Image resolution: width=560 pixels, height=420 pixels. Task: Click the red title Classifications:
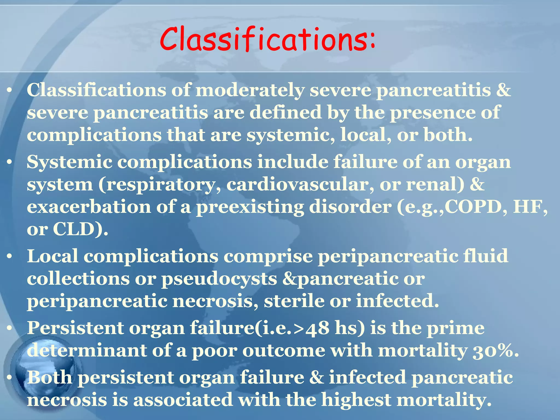click(267, 39)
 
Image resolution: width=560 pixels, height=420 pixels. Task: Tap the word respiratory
click(160, 185)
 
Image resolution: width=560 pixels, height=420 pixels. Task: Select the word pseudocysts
click(219, 279)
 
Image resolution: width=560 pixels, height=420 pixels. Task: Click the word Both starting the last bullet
click(49, 378)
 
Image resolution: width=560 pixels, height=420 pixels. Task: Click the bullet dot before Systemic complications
click(9, 162)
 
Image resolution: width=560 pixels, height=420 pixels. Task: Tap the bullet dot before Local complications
click(9, 256)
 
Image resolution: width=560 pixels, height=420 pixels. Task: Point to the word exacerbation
click(89, 207)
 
